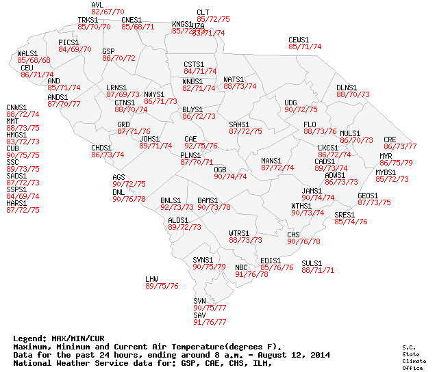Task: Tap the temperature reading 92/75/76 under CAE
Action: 201,146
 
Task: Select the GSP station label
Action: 108,51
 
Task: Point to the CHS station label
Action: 293,235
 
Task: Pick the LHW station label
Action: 151,279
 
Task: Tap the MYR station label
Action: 386,156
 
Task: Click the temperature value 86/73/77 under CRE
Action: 400,146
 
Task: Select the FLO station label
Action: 310,124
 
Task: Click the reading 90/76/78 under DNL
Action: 129,199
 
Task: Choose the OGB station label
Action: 220,169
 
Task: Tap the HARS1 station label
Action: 16,203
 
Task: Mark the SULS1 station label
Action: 312,263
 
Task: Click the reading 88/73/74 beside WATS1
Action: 240,87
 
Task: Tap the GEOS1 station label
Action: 368,196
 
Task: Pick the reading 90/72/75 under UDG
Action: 301,109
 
